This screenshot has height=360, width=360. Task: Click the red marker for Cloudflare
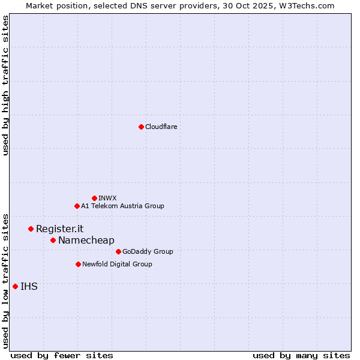(x=141, y=127)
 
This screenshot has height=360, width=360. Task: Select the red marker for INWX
(x=94, y=198)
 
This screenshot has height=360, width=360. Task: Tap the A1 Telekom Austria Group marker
(x=77, y=206)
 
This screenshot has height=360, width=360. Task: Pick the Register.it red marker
(x=31, y=229)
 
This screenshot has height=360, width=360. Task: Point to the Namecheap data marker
(x=53, y=240)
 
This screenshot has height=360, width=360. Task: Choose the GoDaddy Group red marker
(x=118, y=251)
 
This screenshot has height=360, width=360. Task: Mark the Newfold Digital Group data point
(x=78, y=264)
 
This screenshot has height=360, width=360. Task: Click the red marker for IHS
(x=15, y=286)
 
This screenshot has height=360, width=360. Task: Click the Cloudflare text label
(x=161, y=127)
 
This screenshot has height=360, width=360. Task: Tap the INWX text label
(x=107, y=198)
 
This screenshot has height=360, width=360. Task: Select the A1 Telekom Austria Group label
(x=122, y=206)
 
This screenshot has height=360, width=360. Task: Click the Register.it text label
(x=59, y=229)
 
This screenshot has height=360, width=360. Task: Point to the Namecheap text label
(x=86, y=240)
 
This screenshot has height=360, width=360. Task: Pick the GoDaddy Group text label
(x=147, y=251)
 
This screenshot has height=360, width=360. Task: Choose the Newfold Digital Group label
(x=117, y=264)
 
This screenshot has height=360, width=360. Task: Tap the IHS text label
(x=29, y=286)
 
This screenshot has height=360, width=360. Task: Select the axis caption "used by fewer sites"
(x=62, y=355)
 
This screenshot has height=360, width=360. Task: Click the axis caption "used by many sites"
(x=301, y=355)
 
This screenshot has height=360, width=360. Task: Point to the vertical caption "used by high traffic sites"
(x=5, y=85)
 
